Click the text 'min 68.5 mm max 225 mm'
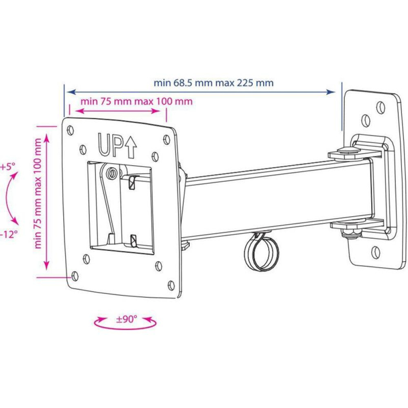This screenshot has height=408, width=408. tap(214, 83)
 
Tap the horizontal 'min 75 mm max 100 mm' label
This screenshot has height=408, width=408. tap(137, 101)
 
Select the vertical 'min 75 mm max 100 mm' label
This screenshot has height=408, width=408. tap(38, 193)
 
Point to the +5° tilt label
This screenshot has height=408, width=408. tap(8, 166)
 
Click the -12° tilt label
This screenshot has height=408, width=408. tap(9, 235)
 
